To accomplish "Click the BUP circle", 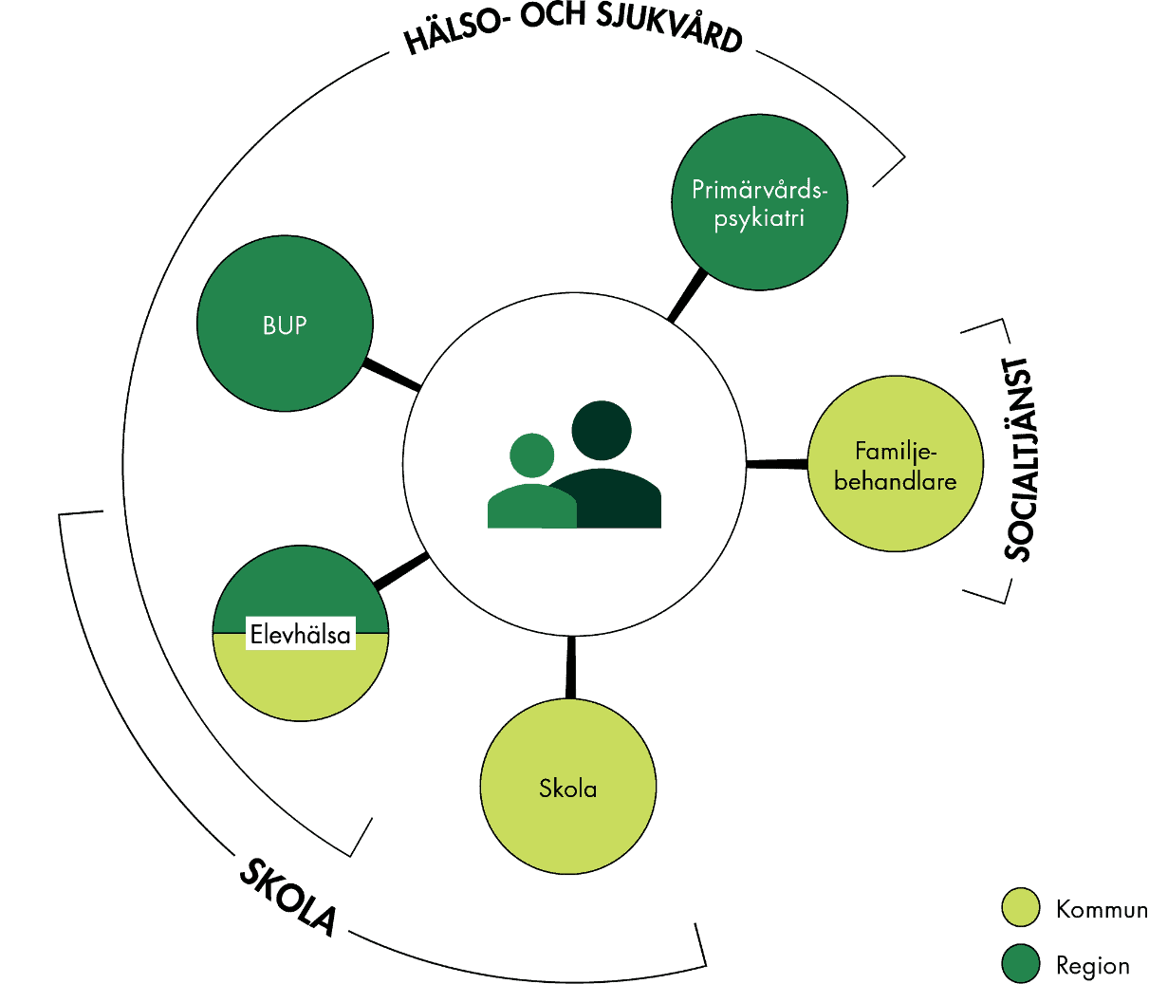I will pyautogui.click(x=285, y=324).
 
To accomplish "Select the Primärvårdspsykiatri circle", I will pyautogui.click(x=759, y=203).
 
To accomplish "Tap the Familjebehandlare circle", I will pyautogui.click(x=895, y=464).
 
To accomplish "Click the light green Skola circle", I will pyautogui.click(x=567, y=787).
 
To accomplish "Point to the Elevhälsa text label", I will pyautogui.click(x=301, y=634).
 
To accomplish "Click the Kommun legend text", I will pyautogui.click(x=1101, y=910).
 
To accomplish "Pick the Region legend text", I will pyautogui.click(x=1092, y=966).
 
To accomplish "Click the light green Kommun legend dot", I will pyautogui.click(x=1021, y=908).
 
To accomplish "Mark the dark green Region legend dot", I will pyautogui.click(x=1021, y=964).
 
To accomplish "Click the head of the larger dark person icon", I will pyautogui.click(x=602, y=430).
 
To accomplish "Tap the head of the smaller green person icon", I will pyautogui.click(x=531, y=455).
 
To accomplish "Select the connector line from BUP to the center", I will pyautogui.click(x=392, y=375).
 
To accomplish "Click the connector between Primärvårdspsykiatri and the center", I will pyautogui.click(x=688, y=296).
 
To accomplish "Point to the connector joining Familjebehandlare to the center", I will pyautogui.click(x=777, y=464).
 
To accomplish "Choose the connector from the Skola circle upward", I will pyautogui.click(x=570, y=666).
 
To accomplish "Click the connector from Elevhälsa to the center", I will pyautogui.click(x=402, y=571).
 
